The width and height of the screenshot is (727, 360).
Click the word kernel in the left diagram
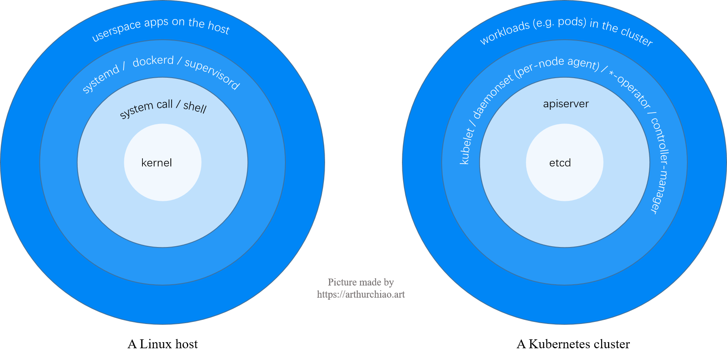click(x=157, y=163)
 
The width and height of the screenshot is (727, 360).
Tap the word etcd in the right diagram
click(x=560, y=163)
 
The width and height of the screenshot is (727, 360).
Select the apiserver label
click(x=565, y=104)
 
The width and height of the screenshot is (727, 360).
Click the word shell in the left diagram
click(x=195, y=107)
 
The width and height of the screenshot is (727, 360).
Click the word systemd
click(x=101, y=79)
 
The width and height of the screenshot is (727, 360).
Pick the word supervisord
click(x=213, y=73)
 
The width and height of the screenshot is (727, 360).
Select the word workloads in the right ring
click(x=504, y=33)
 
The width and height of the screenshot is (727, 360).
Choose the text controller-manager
click(x=660, y=166)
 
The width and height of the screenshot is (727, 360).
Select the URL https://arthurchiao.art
click(x=361, y=294)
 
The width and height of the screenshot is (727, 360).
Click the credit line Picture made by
click(x=361, y=282)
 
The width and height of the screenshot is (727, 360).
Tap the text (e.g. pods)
click(x=559, y=23)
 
